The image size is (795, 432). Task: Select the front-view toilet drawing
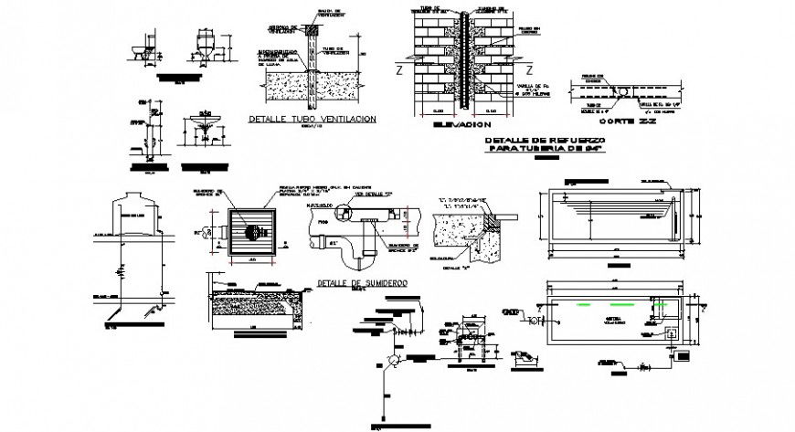click(x=207, y=47)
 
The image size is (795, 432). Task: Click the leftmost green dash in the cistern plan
click(x=554, y=303)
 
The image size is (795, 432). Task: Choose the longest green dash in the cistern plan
click(x=603, y=303)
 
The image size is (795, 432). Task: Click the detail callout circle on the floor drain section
click(x=346, y=213)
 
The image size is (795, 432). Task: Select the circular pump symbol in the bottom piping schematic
click(x=392, y=361)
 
